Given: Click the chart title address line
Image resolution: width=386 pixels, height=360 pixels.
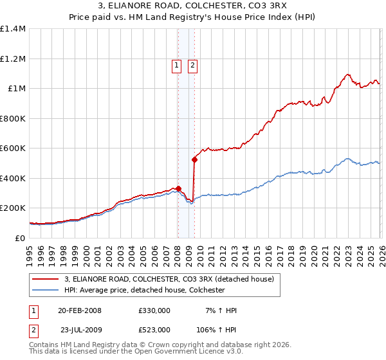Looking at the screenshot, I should (193, 6).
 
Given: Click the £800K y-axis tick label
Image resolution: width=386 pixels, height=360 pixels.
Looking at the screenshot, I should (13, 118).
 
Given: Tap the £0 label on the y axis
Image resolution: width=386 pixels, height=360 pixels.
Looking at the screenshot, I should (19, 238).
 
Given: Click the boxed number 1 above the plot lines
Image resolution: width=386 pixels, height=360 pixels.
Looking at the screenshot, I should (176, 64).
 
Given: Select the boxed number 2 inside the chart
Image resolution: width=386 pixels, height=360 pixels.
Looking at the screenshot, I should (192, 64).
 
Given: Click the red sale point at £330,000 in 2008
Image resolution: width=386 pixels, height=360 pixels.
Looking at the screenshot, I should (178, 188).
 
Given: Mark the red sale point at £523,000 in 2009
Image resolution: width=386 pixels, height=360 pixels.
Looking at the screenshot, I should (194, 159).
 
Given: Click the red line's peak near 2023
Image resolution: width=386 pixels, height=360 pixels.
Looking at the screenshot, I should (347, 74).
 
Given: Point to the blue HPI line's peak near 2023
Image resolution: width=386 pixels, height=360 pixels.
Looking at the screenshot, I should (347, 158).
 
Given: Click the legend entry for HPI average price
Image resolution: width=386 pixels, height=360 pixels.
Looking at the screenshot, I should (143, 290).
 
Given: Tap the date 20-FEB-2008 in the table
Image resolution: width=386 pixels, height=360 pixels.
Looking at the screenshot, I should (80, 310).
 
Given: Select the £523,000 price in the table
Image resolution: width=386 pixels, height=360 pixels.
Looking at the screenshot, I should (154, 329).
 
